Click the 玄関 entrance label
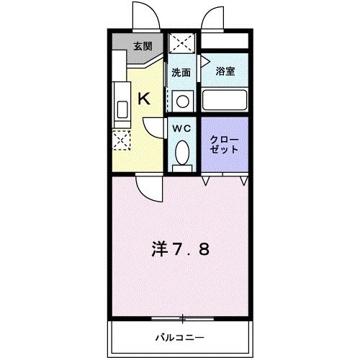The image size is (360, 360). coord(143,47)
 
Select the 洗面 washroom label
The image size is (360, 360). coord(180,72)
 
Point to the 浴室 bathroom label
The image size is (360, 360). coord(225,71)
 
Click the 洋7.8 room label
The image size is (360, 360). coord(181,249)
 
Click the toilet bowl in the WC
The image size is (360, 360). coord(182,152)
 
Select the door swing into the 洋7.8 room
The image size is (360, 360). coord(150,189)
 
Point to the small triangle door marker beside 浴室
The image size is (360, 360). coord(204,62)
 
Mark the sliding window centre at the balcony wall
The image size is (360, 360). coord(183,317)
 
